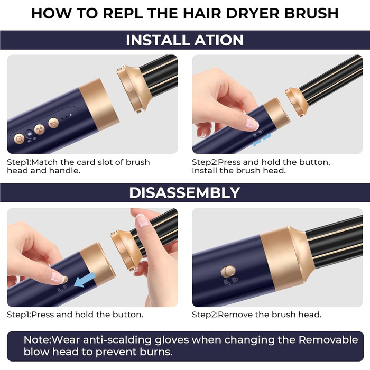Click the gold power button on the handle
tap(20, 139)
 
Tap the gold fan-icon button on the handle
tap(39, 129)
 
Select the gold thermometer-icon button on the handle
tap(53, 123)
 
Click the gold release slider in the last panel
tap(228, 272)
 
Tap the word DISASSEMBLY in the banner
tap(184, 192)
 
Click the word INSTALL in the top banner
tap(156, 40)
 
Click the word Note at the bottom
tap(36, 339)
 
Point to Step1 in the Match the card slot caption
tap(20, 162)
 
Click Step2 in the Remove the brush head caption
tap(205, 314)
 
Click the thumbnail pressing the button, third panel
tap(57, 276)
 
